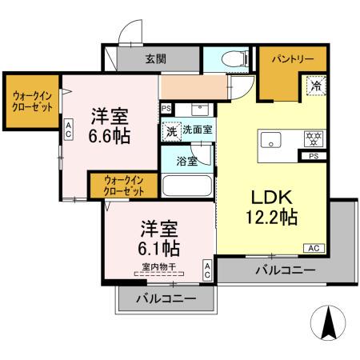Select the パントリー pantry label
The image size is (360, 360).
click(x=281, y=59)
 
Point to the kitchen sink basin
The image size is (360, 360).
click(x=270, y=140)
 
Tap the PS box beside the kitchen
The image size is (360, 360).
click(x=313, y=157)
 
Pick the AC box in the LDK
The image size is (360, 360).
click(x=314, y=249)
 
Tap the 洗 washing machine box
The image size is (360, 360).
click(x=170, y=130)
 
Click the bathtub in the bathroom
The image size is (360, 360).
click(x=186, y=186)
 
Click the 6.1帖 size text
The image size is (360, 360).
click(x=156, y=246)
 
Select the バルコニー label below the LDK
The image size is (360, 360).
click(x=286, y=270)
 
